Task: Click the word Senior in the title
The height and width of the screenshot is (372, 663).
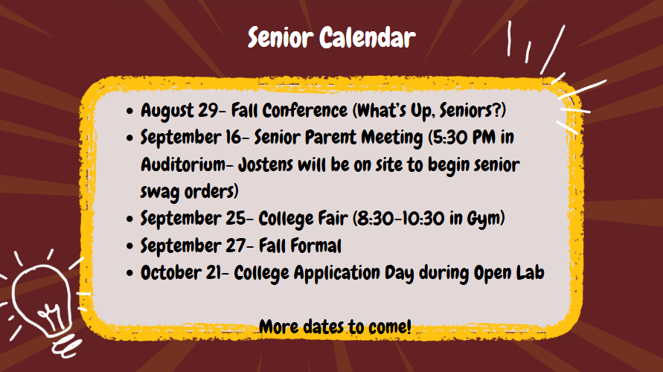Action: (x=280, y=37)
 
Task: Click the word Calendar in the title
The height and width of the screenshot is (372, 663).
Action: (x=368, y=37)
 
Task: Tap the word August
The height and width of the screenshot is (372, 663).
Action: (x=167, y=111)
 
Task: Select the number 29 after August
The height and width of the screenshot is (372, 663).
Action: (x=208, y=110)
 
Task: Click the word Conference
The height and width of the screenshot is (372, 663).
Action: (x=305, y=110)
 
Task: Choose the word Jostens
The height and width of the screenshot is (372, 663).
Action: (x=266, y=164)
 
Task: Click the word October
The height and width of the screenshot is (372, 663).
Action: (x=171, y=272)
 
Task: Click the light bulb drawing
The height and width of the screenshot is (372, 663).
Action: (x=42, y=305)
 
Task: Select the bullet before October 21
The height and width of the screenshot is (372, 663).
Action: (x=129, y=274)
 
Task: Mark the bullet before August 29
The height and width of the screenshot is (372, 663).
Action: (x=129, y=111)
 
